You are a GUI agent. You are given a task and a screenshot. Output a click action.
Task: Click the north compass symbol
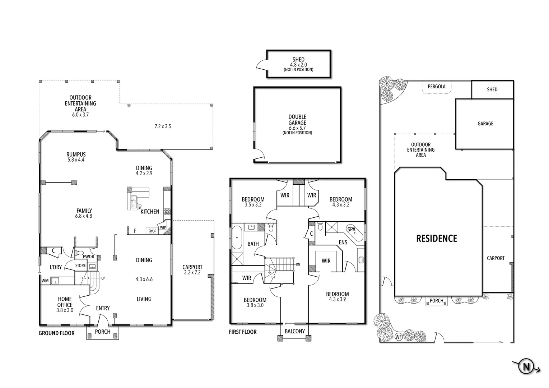(526, 367)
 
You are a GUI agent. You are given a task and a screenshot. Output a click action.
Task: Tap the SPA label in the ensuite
(351, 229)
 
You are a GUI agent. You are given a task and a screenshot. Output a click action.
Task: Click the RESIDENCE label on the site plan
(436, 239)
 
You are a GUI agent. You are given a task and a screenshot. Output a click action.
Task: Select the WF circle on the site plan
(398, 337)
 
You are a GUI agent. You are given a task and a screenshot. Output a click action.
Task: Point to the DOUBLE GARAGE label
(297, 120)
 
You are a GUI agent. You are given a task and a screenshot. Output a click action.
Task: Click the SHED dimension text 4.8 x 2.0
(298, 65)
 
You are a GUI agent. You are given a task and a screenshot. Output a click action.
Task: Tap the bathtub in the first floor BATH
(237, 237)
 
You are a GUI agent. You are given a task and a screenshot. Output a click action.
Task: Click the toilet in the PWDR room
(80, 253)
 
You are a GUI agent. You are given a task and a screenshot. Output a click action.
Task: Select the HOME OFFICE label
(65, 302)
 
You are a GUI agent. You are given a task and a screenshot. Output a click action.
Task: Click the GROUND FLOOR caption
(56, 333)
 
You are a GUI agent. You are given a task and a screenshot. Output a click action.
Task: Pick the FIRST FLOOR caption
(243, 332)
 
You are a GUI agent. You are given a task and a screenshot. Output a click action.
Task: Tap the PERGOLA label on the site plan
(436, 87)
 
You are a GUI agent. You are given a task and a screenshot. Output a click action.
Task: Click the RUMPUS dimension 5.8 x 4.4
(76, 160)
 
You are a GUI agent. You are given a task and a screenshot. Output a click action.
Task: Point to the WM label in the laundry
(45, 280)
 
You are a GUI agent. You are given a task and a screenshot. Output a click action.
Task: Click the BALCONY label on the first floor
(294, 331)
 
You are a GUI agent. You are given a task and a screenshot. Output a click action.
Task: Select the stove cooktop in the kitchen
(167, 212)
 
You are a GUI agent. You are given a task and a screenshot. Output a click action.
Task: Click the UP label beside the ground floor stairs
(103, 278)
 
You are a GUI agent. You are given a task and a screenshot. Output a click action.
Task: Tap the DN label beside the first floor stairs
(298, 264)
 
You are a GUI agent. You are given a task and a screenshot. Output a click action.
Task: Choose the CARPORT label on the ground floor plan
(192, 267)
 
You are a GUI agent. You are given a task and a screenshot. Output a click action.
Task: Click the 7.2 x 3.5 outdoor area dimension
(163, 126)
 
